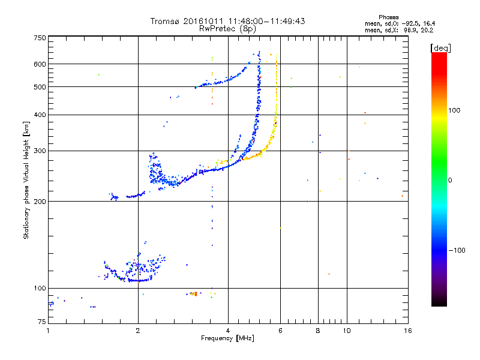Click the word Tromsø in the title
[x=163, y=22]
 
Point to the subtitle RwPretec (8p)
[x=227, y=28]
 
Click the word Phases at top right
[x=389, y=17]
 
